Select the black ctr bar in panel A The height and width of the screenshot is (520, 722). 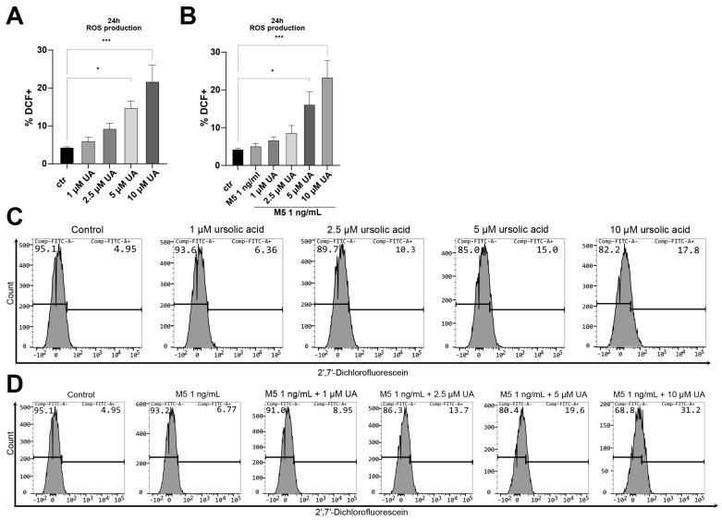(x=67, y=152)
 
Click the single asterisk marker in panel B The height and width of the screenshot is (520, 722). (x=271, y=70)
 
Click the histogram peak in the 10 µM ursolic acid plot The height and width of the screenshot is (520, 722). (x=621, y=255)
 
